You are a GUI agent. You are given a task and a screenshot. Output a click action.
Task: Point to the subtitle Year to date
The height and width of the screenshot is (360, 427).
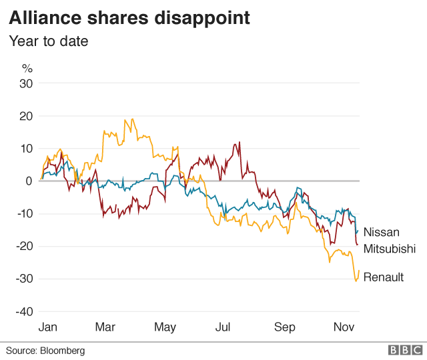(48, 41)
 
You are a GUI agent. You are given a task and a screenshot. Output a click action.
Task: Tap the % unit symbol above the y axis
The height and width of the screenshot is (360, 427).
(27, 68)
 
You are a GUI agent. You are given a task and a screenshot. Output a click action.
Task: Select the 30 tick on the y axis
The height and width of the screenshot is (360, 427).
(26, 83)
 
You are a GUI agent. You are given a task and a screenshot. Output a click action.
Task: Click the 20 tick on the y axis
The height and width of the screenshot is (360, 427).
(26, 116)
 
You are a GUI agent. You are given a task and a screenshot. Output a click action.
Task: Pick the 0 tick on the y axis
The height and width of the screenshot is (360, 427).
(29, 181)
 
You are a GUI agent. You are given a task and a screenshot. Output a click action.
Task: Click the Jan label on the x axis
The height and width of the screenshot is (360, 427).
(48, 327)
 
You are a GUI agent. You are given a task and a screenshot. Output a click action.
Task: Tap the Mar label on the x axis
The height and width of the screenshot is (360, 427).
(105, 327)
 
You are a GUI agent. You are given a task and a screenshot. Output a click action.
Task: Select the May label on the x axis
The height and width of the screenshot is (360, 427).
(165, 327)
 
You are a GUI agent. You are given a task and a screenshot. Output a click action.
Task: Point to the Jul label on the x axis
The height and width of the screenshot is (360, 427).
(223, 327)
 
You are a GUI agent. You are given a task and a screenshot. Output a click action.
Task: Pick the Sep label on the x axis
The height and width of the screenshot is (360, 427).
(285, 327)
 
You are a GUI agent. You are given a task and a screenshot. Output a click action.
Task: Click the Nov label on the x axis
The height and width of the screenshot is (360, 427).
(343, 327)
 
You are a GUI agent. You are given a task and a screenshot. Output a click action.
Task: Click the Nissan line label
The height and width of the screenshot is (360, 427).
(382, 233)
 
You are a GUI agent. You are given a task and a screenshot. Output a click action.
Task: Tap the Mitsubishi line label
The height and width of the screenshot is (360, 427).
(390, 249)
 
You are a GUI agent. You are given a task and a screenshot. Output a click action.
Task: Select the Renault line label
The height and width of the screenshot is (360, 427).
(384, 277)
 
